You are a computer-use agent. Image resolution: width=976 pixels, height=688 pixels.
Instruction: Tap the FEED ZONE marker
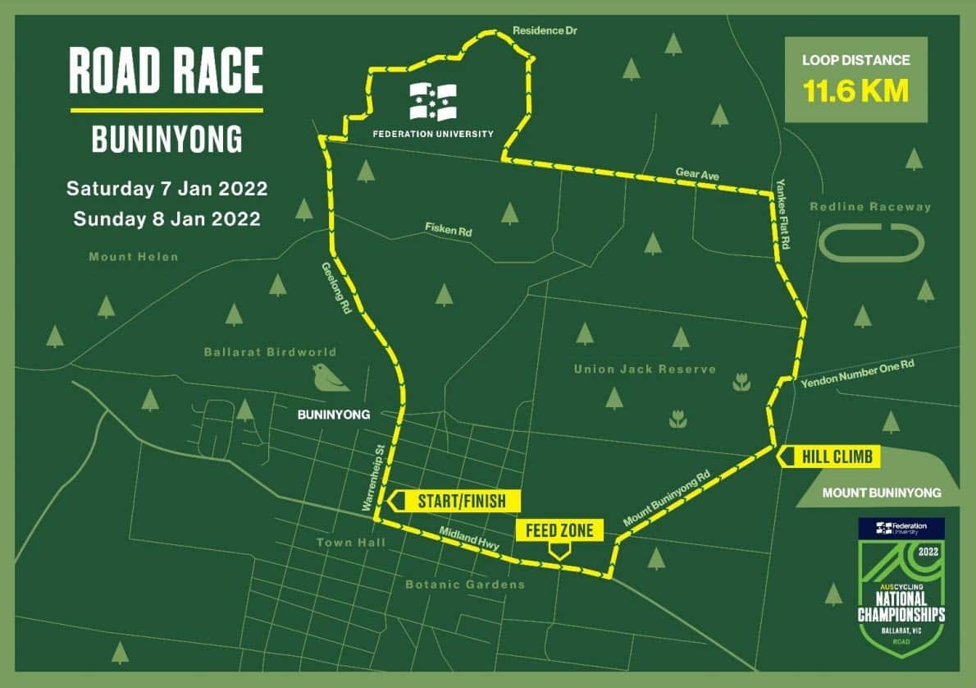pos(559,531)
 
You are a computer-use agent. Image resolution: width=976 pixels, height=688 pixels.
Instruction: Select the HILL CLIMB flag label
pos(827,456)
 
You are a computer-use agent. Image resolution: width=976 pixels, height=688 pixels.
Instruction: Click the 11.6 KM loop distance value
pos(855,91)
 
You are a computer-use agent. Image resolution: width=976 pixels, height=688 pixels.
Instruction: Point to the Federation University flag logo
pos(434,103)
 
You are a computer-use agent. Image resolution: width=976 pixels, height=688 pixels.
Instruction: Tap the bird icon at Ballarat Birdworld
pos(330,377)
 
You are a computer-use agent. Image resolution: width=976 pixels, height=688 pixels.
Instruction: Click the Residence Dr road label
pos(540,31)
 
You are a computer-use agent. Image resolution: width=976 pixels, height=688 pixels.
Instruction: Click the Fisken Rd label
pos(449,230)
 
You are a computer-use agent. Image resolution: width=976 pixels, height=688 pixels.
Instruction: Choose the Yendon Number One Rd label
pos(857,374)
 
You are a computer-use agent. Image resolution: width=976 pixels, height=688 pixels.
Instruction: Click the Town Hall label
pos(345,543)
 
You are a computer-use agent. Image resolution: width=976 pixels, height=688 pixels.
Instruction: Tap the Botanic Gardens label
pos(465,585)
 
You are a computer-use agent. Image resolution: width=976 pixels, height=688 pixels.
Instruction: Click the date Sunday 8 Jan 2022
pos(166,219)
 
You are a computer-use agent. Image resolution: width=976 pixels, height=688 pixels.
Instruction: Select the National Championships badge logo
pos(901,586)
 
